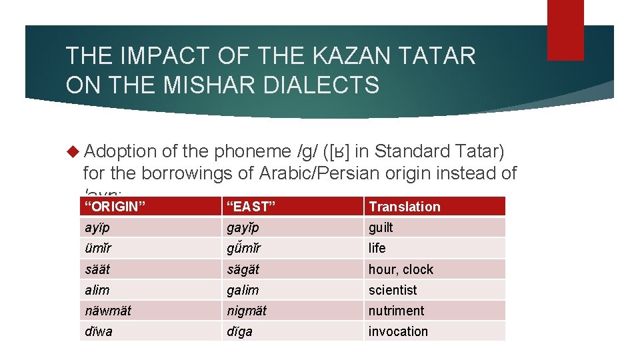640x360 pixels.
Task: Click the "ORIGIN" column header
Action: tap(114, 206)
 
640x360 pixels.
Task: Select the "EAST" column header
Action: tap(250, 206)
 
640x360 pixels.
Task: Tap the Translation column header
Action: tap(405, 206)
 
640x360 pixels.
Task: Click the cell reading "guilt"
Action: tap(381, 227)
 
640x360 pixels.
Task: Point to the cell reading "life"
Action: tap(377, 248)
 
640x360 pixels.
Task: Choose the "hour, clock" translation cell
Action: tap(401, 269)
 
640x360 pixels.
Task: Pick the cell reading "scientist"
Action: tap(393, 290)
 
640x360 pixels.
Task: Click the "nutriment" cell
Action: tap(396, 311)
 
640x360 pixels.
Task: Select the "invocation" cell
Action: tap(398, 331)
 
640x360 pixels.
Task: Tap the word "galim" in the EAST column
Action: tap(243, 290)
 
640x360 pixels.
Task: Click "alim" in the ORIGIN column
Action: tap(97, 290)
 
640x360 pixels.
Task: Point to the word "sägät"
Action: tap(243, 269)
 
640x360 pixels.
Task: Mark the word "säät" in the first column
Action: tap(97, 269)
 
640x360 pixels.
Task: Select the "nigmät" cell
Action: tap(245, 311)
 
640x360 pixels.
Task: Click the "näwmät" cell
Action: tap(108, 311)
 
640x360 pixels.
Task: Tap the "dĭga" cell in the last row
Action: tap(239, 331)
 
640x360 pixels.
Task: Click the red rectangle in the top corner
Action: tap(565, 30)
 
